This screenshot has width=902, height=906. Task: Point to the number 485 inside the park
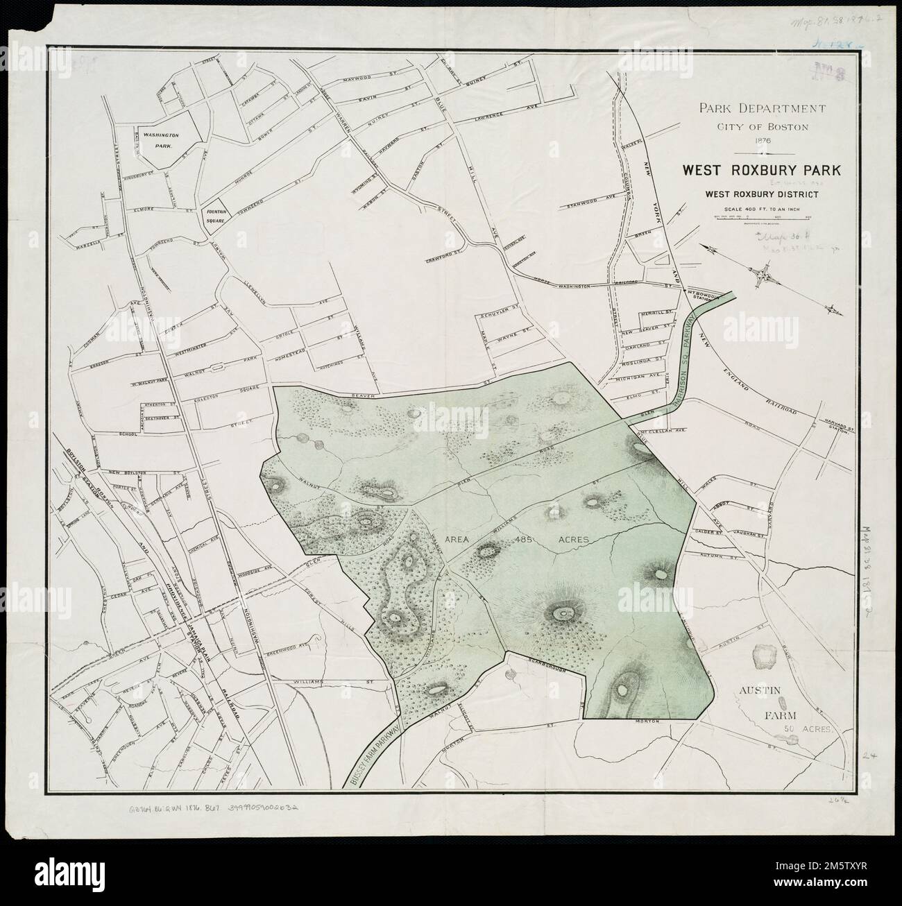pos(524,538)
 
